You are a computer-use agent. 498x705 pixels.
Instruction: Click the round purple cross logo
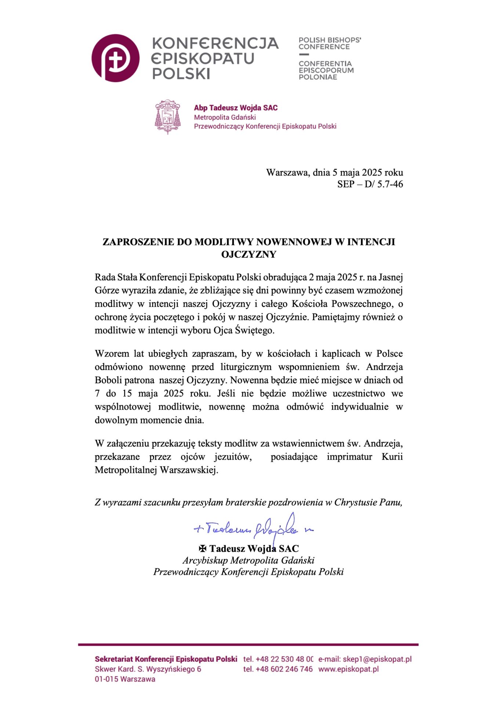click(x=115, y=58)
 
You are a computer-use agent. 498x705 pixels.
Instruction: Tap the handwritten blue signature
click(x=253, y=528)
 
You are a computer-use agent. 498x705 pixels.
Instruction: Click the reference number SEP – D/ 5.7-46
click(x=370, y=184)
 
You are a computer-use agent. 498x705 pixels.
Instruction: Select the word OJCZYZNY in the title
click(x=248, y=254)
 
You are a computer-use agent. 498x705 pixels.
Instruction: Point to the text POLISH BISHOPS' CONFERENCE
click(x=329, y=43)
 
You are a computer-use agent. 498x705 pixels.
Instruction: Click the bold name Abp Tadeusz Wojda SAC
click(x=236, y=108)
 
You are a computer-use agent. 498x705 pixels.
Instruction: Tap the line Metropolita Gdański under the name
click(x=225, y=117)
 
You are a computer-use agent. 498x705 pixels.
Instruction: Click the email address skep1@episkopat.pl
click(x=377, y=659)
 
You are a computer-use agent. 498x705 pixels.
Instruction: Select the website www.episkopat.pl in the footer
click(x=348, y=669)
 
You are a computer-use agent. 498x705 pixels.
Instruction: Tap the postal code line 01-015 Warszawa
click(x=125, y=679)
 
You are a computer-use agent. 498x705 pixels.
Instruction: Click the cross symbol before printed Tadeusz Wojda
click(x=203, y=549)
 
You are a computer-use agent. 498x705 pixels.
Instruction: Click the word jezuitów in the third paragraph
click(x=233, y=457)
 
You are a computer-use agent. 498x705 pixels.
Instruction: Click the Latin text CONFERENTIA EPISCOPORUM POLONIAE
click(x=326, y=70)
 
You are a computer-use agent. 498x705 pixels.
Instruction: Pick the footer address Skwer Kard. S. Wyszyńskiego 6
click(x=148, y=669)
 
